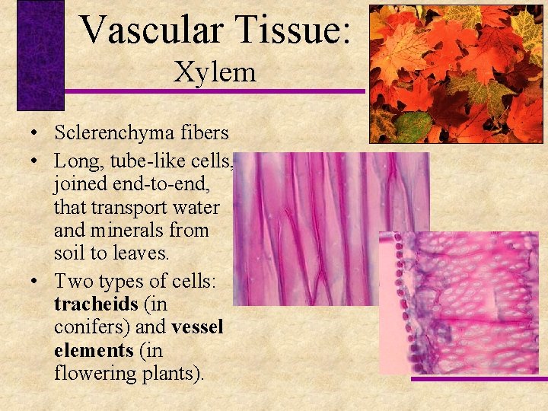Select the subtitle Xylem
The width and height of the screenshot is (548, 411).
pos(215,72)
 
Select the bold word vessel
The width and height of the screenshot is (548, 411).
pos(197,327)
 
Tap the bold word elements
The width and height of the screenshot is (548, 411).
pos(93,351)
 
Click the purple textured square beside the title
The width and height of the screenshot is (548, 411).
pos(40,56)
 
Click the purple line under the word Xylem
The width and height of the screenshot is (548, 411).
pos(213,92)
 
